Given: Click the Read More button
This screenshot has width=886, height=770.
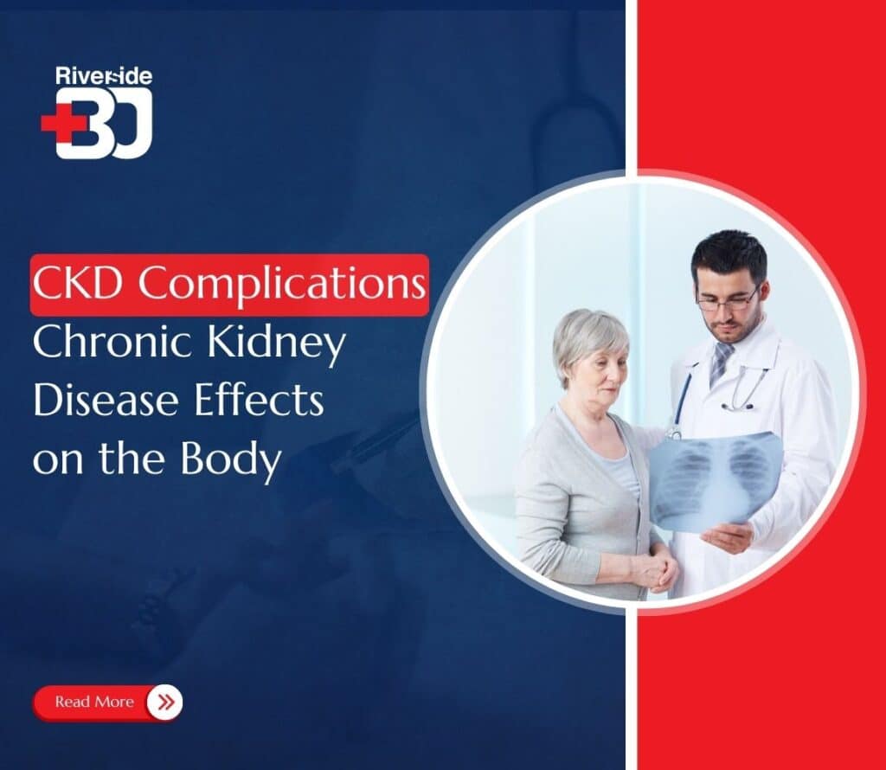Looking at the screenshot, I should tap(95, 702).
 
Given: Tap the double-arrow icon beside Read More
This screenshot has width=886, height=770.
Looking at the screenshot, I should tap(164, 702).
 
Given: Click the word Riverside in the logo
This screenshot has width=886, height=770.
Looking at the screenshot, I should tap(103, 75).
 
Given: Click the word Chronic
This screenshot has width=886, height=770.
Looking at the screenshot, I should tap(102, 343).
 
